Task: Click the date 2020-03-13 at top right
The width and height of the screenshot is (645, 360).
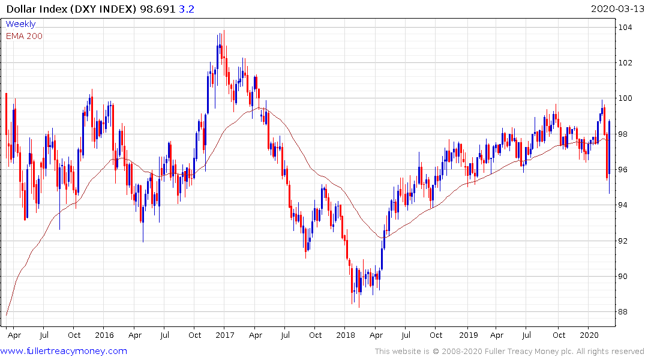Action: [x=616, y=8]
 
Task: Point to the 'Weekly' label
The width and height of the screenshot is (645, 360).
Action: [x=20, y=24]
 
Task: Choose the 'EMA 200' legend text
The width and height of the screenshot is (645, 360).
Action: [x=25, y=36]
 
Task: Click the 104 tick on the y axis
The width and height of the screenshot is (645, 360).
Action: [x=626, y=28]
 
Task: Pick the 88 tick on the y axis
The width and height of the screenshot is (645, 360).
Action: [x=626, y=312]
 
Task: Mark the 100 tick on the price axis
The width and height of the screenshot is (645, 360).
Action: [x=626, y=98]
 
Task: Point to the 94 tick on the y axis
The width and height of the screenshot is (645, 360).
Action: [x=626, y=205]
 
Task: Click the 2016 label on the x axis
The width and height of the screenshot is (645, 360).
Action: [x=104, y=335]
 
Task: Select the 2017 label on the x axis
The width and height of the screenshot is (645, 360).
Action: [x=224, y=335]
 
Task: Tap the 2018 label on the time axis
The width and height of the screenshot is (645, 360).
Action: [x=346, y=335]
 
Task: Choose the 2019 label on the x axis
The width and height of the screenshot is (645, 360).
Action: [x=467, y=335]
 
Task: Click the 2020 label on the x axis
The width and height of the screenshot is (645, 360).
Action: [x=590, y=335]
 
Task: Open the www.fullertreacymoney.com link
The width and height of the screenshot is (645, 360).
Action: [x=65, y=351]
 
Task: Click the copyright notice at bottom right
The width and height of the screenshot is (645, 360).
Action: [x=509, y=352]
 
